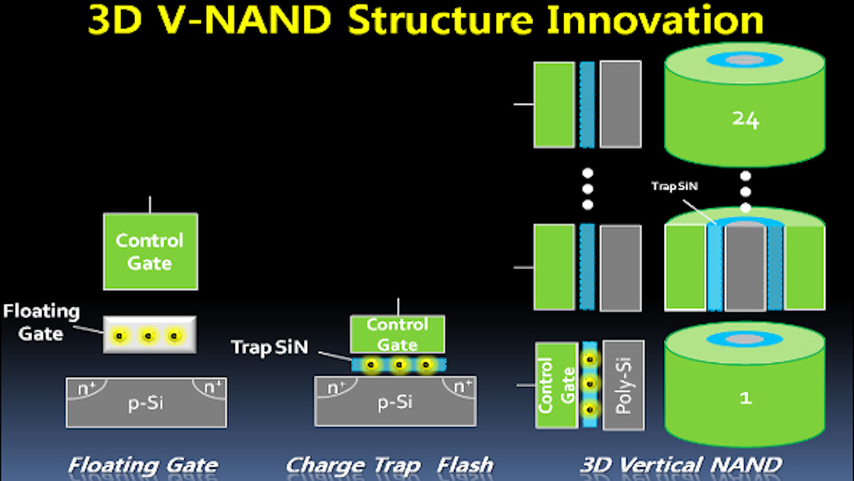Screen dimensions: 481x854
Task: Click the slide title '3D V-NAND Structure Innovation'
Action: [x=426, y=21]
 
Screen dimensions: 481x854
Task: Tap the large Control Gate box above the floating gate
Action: [x=150, y=251]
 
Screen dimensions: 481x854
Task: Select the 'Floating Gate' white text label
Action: [x=41, y=322]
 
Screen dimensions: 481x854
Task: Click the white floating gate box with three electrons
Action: [x=149, y=334]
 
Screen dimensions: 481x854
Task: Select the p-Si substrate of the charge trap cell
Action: [x=395, y=403]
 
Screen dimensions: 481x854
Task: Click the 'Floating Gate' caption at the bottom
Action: [x=143, y=466]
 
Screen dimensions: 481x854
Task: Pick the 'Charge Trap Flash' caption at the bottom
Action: [x=389, y=466]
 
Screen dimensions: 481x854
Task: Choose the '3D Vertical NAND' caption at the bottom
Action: [x=681, y=466]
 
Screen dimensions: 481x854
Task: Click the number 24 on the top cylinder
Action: [x=745, y=121]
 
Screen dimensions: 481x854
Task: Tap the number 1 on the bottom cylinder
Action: [x=745, y=398]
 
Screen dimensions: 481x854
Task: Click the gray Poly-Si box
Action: [x=623, y=385]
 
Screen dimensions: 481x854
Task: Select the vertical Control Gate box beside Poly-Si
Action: [x=557, y=385]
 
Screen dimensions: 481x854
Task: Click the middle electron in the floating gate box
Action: [x=149, y=335]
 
